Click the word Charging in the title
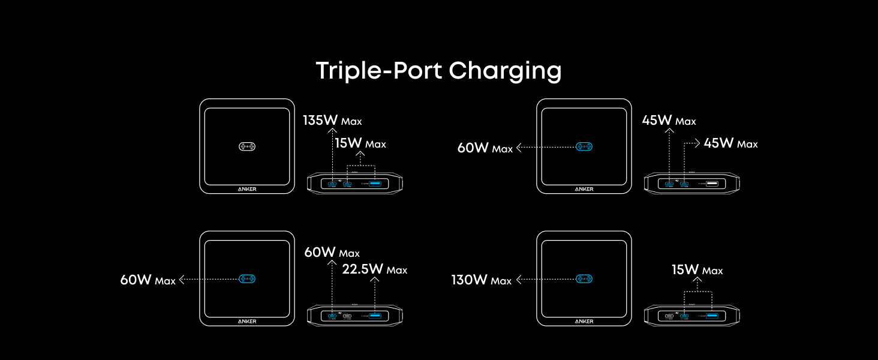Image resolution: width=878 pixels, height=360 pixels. (x=505, y=71)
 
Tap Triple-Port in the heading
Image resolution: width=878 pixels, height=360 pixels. (x=379, y=71)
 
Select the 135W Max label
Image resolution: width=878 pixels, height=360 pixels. (x=332, y=121)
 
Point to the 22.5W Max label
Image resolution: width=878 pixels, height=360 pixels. (x=374, y=269)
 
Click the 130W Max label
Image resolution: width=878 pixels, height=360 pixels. (x=481, y=280)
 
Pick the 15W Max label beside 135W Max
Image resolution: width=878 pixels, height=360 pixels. (x=360, y=143)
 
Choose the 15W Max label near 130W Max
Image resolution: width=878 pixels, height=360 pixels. (x=697, y=270)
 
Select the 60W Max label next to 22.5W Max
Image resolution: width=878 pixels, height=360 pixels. (x=332, y=253)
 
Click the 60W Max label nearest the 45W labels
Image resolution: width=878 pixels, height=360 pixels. (x=485, y=148)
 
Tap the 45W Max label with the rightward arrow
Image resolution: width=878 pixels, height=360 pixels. (x=730, y=143)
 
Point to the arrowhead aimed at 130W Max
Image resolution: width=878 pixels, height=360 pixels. (x=519, y=279)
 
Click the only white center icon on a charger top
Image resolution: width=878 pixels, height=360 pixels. (x=247, y=146)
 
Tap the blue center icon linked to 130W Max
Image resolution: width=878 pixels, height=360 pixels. (x=584, y=279)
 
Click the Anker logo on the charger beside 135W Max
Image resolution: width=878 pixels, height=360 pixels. (x=247, y=188)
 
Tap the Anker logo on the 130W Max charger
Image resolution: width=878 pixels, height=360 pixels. (x=584, y=321)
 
